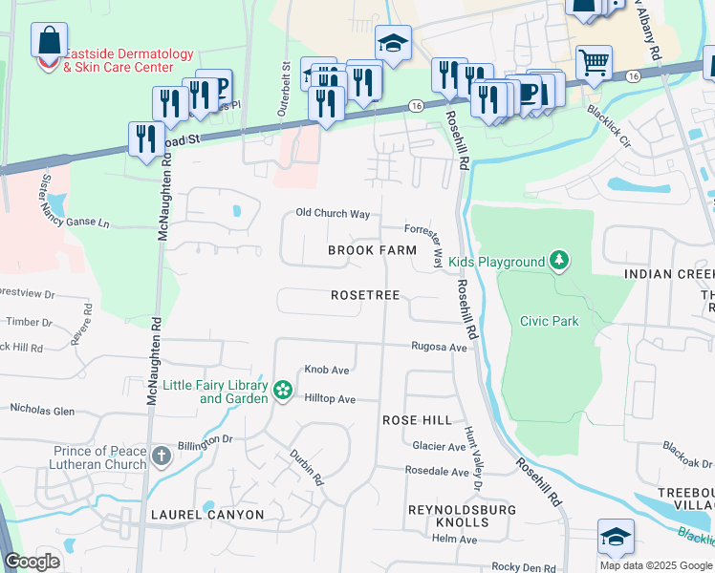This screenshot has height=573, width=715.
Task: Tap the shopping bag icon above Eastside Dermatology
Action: [49, 41]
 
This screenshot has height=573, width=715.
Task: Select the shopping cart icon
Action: [594, 63]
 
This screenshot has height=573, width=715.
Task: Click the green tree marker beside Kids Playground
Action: [558, 261]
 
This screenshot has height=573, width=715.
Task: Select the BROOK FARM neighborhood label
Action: [372, 250]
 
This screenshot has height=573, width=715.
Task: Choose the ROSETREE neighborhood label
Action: [365, 296]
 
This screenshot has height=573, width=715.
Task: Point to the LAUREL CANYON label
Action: [206, 515]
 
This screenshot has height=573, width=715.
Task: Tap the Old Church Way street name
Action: [333, 214]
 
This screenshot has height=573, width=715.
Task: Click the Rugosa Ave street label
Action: [439, 348]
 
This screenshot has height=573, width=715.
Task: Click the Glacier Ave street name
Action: [439, 447]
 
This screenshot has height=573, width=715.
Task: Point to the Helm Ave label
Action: [454, 540]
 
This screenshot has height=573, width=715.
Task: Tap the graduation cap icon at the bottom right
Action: [616, 538]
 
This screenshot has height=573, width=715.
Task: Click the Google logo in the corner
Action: [32, 562]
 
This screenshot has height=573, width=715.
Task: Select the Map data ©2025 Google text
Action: [656, 565]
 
